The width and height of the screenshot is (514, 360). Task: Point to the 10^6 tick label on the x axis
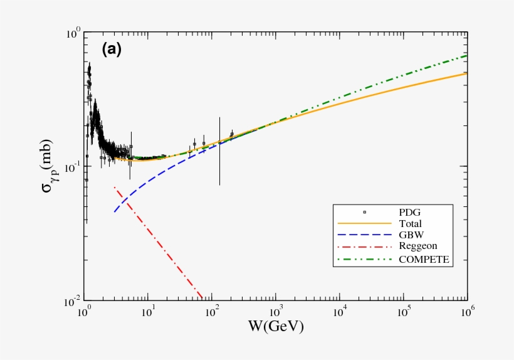pyautogui.click(x=466, y=312)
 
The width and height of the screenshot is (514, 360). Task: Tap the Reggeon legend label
pyautogui.click(x=418, y=246)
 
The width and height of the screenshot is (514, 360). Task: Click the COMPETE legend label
pyautogui.click(x=424, y=258)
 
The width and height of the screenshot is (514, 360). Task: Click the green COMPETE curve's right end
pyautogui.click(x=465, y=56)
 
